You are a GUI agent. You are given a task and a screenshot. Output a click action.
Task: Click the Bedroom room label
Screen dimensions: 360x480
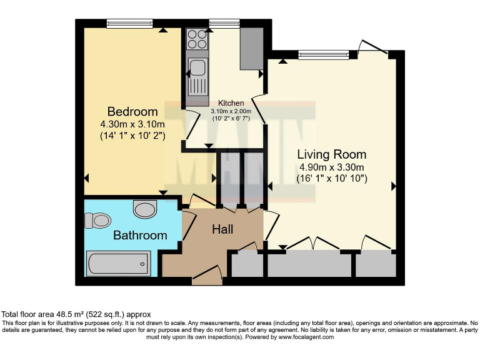point(132,112)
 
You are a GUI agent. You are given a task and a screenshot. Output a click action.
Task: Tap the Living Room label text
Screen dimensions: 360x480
point(331,154)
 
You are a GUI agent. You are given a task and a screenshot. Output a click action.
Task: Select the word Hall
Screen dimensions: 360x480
point(222,229)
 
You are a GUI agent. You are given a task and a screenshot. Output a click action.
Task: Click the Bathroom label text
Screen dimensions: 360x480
point(140,236)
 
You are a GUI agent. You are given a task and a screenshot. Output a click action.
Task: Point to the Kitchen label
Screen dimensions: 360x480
point(230,103)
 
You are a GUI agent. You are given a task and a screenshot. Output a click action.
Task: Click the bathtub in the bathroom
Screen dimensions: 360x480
point(118,263)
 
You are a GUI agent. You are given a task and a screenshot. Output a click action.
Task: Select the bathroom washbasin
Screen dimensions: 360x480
point(145,209)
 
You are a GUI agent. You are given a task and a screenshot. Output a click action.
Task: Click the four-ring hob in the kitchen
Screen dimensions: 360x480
point(198,40)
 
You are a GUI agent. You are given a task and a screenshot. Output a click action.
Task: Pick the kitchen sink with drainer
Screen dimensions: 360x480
point(198,76)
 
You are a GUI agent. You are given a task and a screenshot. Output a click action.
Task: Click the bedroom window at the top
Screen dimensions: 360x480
point(126,24)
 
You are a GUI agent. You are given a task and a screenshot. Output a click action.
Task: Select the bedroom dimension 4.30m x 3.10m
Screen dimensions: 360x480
point(131,124)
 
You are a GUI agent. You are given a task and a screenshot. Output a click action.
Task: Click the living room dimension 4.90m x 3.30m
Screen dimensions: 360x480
point(331,167)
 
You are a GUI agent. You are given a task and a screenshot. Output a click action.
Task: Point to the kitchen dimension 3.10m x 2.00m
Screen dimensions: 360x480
point(234,111)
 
